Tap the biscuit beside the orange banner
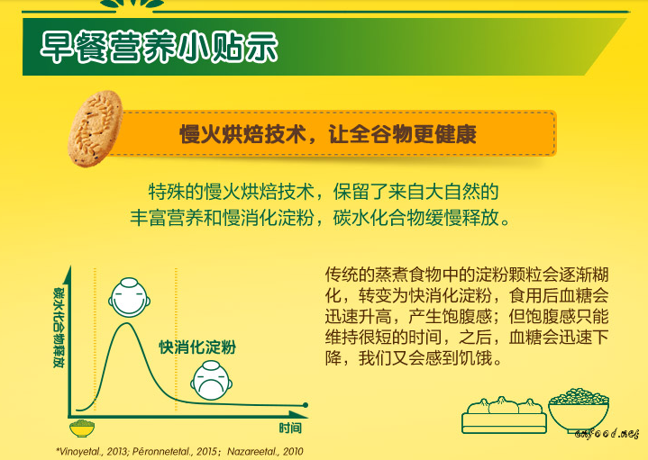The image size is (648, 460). (96, 129)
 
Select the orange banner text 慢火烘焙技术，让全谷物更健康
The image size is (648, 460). (328, 134)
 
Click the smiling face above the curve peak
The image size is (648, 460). (129, 298)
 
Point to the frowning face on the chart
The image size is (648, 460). (211, 380)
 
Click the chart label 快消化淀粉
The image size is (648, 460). (197, 347)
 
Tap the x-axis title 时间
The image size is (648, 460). (290, 428)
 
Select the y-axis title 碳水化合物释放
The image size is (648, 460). (59, 328)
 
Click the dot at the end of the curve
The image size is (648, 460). (306, 405)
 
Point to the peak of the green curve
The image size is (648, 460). (125, 323)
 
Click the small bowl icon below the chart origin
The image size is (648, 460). (82, 428)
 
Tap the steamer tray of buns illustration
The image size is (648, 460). (504, 415)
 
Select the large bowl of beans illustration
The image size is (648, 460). (579, 410)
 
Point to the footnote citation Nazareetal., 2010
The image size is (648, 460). (265, 451)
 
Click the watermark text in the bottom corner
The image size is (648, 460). (607, 434)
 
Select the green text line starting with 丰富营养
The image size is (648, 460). (321, 218)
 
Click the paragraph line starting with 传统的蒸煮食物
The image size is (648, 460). (467, 275)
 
